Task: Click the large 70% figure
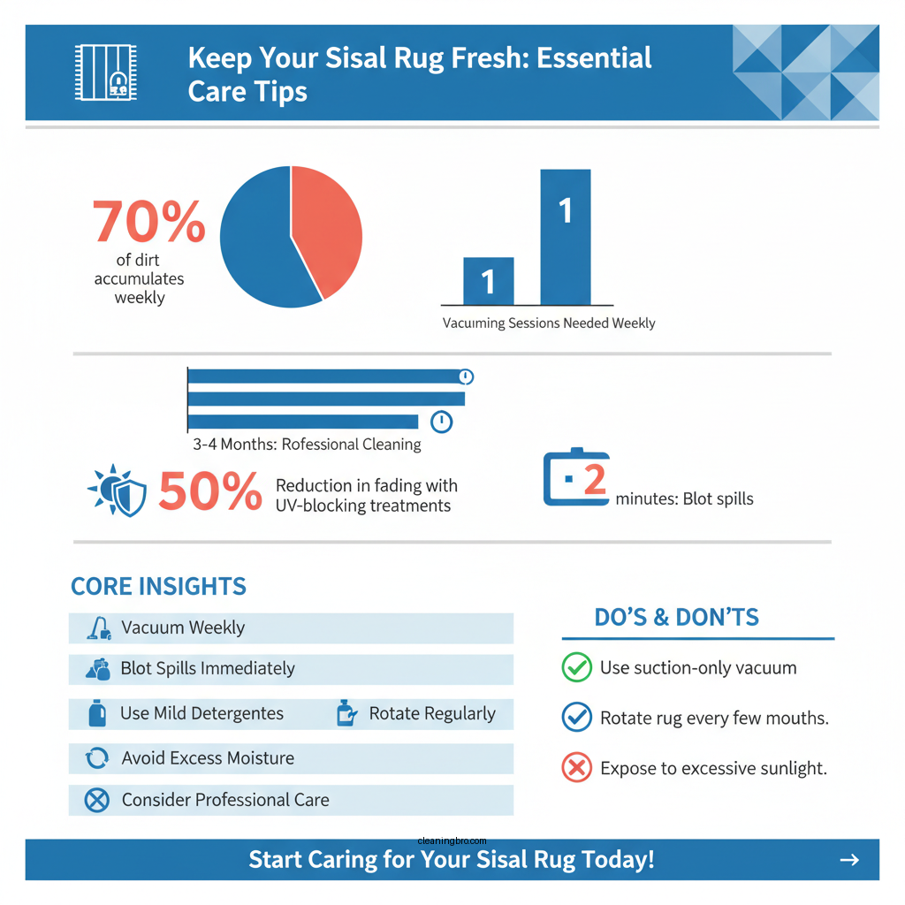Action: [148, 222]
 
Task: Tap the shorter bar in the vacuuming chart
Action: [488, 281]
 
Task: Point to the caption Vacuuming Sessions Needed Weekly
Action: [549, 323]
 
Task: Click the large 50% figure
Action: [210, 491]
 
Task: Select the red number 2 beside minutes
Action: [595, 480]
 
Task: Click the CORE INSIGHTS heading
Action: [158, 587]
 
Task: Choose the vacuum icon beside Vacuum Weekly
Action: [98, 628]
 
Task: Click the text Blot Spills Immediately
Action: [208, 669]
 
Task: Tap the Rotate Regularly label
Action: [432, 714]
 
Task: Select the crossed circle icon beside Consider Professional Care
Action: [96, 801]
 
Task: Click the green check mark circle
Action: [576, 668]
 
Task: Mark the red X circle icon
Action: [576, 768]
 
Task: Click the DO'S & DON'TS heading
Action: [676, 618]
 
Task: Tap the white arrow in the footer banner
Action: [848, 860]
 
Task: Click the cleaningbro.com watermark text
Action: [452, 842]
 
